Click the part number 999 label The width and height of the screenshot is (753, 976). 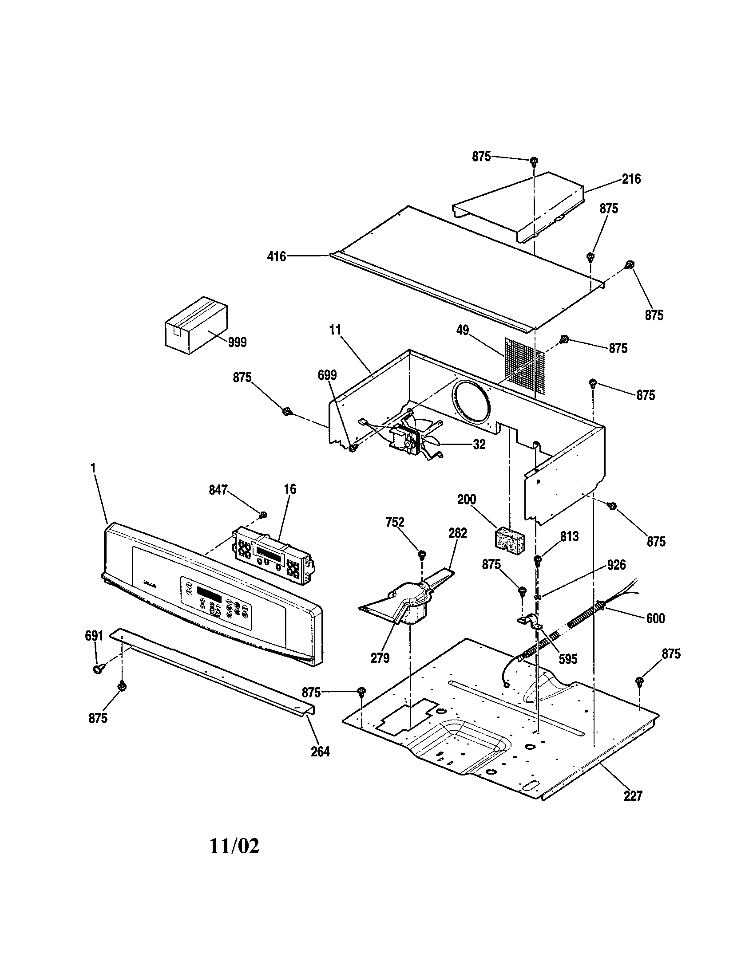[237, 342]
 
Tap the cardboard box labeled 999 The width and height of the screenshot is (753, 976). [196, 325]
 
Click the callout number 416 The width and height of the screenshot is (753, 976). [276, 257]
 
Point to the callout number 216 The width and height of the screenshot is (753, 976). [631, 179]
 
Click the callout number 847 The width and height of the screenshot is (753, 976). [218, 490]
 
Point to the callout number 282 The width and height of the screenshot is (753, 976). [457, 533]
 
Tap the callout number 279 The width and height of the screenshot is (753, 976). [380, 658]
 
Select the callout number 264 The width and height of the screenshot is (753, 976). [320, 752]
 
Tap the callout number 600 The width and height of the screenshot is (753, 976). [655, 618]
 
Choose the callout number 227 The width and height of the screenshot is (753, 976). [633, 796]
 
